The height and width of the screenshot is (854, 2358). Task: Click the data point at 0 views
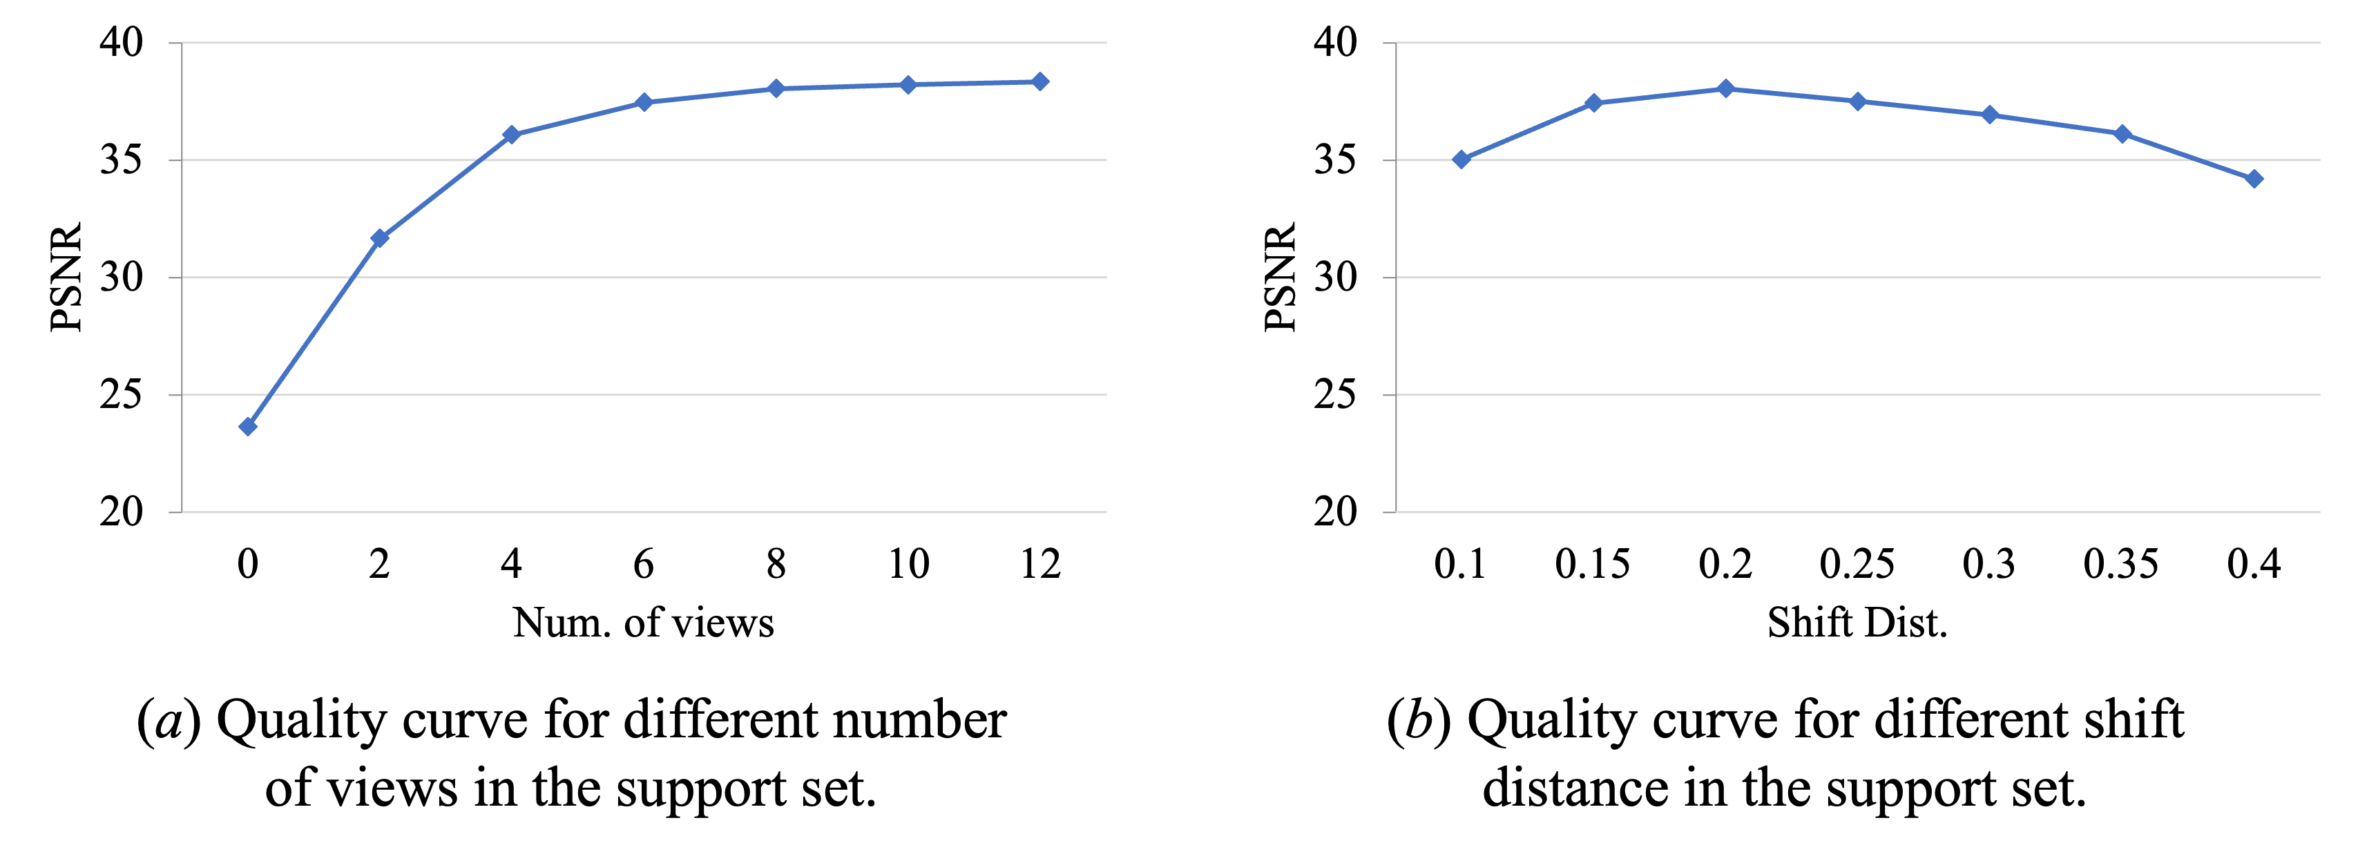pyautogui.click(x=248, y=427)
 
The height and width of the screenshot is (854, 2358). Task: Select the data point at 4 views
pyautogui.click(x=512, y=135)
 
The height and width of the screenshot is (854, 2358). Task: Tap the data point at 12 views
pyautogui.click(x=1040, y=81)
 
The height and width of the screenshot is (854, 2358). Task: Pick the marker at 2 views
pyautogui.click(x=380, y=238)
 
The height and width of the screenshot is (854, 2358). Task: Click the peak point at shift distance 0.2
pyautogui.click(x=1725, y=89)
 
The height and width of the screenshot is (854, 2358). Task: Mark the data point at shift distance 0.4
pyautogui.click(x=2254, y=179)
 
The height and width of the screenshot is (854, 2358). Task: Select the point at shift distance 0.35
pyautogui.click(x=2122, y=134)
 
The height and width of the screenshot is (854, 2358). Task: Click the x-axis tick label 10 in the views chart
pyautogui.click(x=908, y=564)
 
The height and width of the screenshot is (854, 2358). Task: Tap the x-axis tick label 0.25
pyautogui.click(x=1857, y=564)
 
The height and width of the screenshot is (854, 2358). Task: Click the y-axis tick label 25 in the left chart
pyautogui.click(x=121, y=394)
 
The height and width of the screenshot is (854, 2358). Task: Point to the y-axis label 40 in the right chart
pyautogui.click(x=1334, y=42)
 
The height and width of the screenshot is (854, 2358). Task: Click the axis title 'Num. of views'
pyautogui.click(x=644, y=623)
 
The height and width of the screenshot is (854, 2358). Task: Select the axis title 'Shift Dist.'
pyautogui.click(x=1857, y=623)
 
